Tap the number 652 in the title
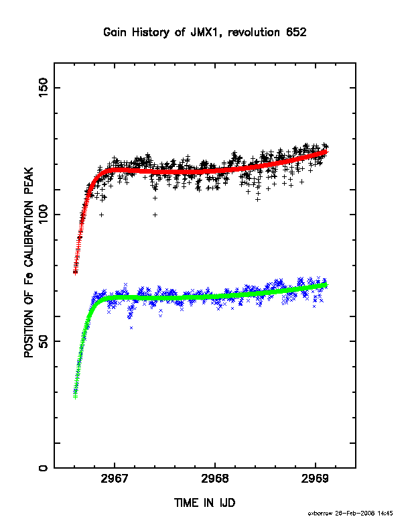pyautogui.click(x=296, y=32)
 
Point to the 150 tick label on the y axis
pyautogui.click(x=44, y=88)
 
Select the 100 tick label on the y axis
pyautogui.click(x=44, y=215)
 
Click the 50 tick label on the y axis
pyautogui.click(x=44, y=341)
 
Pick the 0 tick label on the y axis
pyautogui.click(x=44, y=468)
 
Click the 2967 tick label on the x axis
pyautogui.click(x=115, y=479)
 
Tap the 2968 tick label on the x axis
pyautogui.click(x=215, y=479)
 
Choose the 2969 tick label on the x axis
pyautogui.click(x=316, y=479)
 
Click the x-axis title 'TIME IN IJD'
pyautogui.click(x=204, y=503)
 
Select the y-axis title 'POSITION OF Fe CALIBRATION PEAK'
pyautogui.click(x=29, y=262)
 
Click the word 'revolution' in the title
pyautogui.click(x=254, y=32)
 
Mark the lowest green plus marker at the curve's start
pyautogui.click(x=76, y=396)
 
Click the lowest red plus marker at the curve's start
pyautogui.click(x=76, y=272)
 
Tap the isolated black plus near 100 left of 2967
pyautogui.click(x=101, y=215)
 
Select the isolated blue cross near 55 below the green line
pyautogui.click(x=131, y=328)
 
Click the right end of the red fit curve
pyautogui.click(x=326, y=151)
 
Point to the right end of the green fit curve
pyautogui.click(x=326, y=285)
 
